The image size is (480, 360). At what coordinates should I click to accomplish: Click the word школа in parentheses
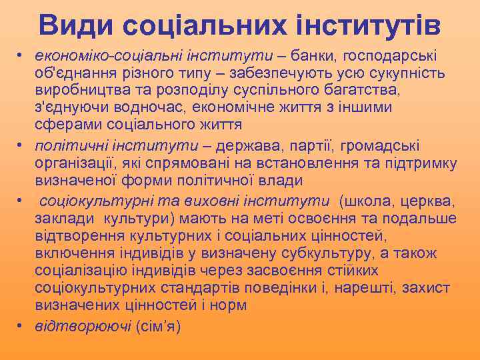366,201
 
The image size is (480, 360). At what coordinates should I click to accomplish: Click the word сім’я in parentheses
159,326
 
